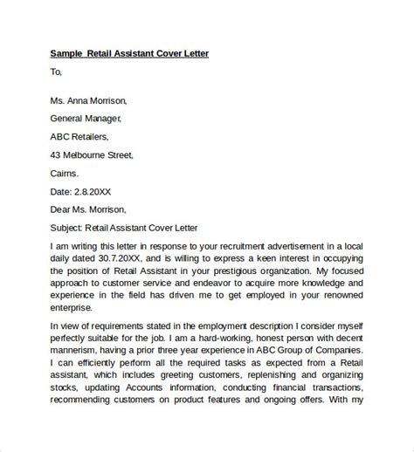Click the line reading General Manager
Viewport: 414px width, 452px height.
point(86,118)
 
